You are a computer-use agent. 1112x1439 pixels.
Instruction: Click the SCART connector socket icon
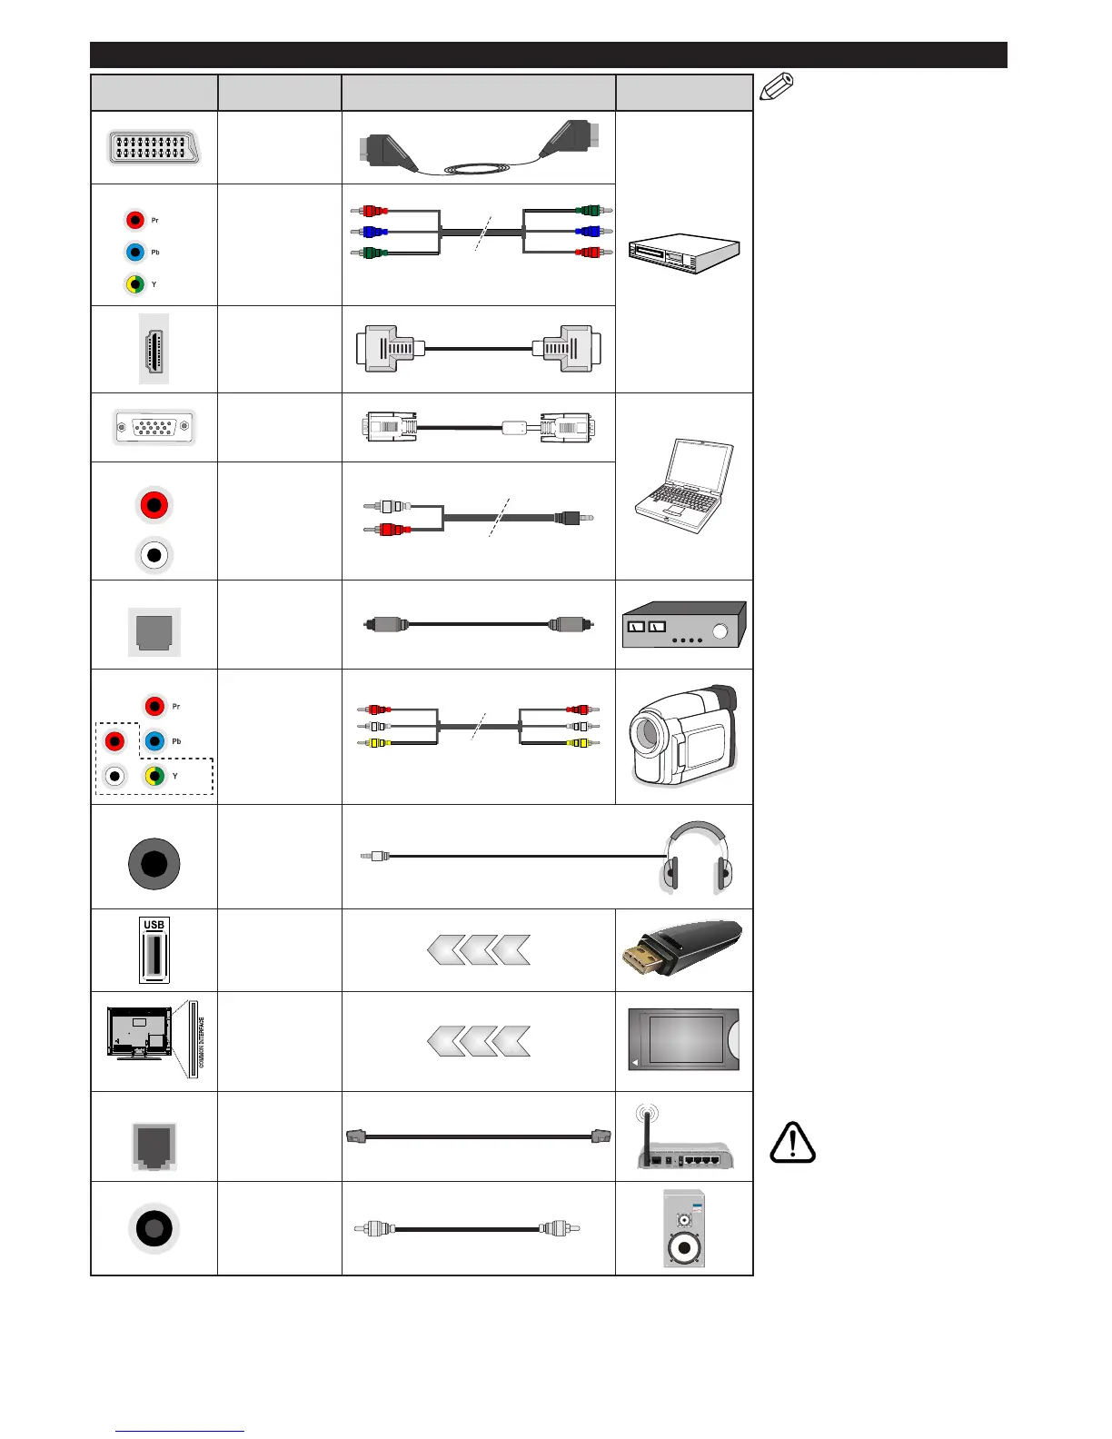154,147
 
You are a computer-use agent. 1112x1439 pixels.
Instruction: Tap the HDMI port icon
154,349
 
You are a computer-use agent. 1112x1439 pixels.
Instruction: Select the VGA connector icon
154,427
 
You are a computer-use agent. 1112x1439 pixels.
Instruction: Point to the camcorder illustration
684,736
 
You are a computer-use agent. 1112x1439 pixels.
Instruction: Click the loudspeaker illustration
684,1228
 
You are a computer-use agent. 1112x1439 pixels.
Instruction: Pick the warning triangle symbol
792,1143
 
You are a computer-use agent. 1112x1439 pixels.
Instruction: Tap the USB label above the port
154,925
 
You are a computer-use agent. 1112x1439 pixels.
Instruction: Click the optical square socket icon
154,631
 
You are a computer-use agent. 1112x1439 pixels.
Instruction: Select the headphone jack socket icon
154,864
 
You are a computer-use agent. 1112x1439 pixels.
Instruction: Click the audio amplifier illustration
684,624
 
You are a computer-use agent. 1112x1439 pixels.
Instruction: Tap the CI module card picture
684,1040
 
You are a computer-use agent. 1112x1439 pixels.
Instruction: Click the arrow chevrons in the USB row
478,950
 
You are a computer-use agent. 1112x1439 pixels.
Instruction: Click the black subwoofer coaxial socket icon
154,1228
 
